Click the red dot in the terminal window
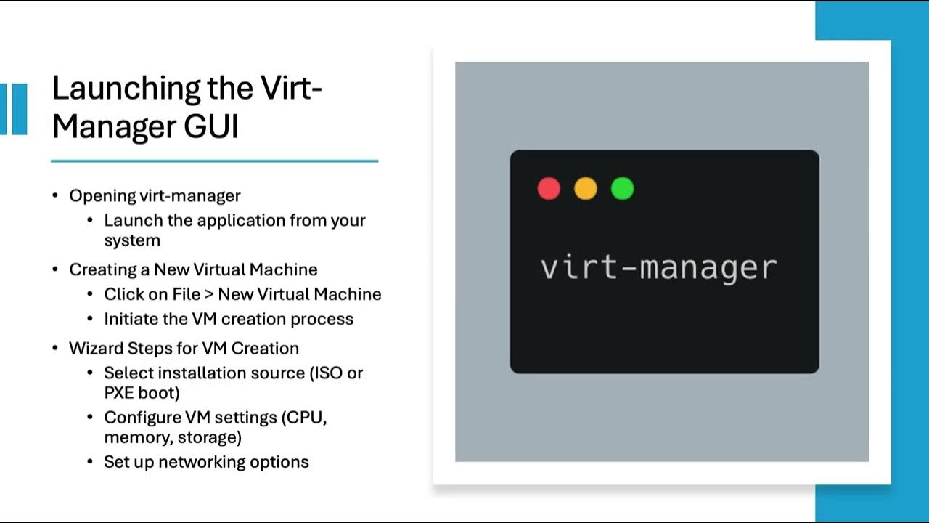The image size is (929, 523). [549, 189]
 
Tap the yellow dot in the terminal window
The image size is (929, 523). [586, 189]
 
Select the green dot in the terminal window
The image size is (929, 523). [622, 189]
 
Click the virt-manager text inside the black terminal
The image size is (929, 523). [658, 267]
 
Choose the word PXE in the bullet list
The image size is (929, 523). [121, 393]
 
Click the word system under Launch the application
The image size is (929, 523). [131, 240]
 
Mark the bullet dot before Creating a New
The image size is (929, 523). [56, 269]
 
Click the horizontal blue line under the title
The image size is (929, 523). [214, 161]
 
